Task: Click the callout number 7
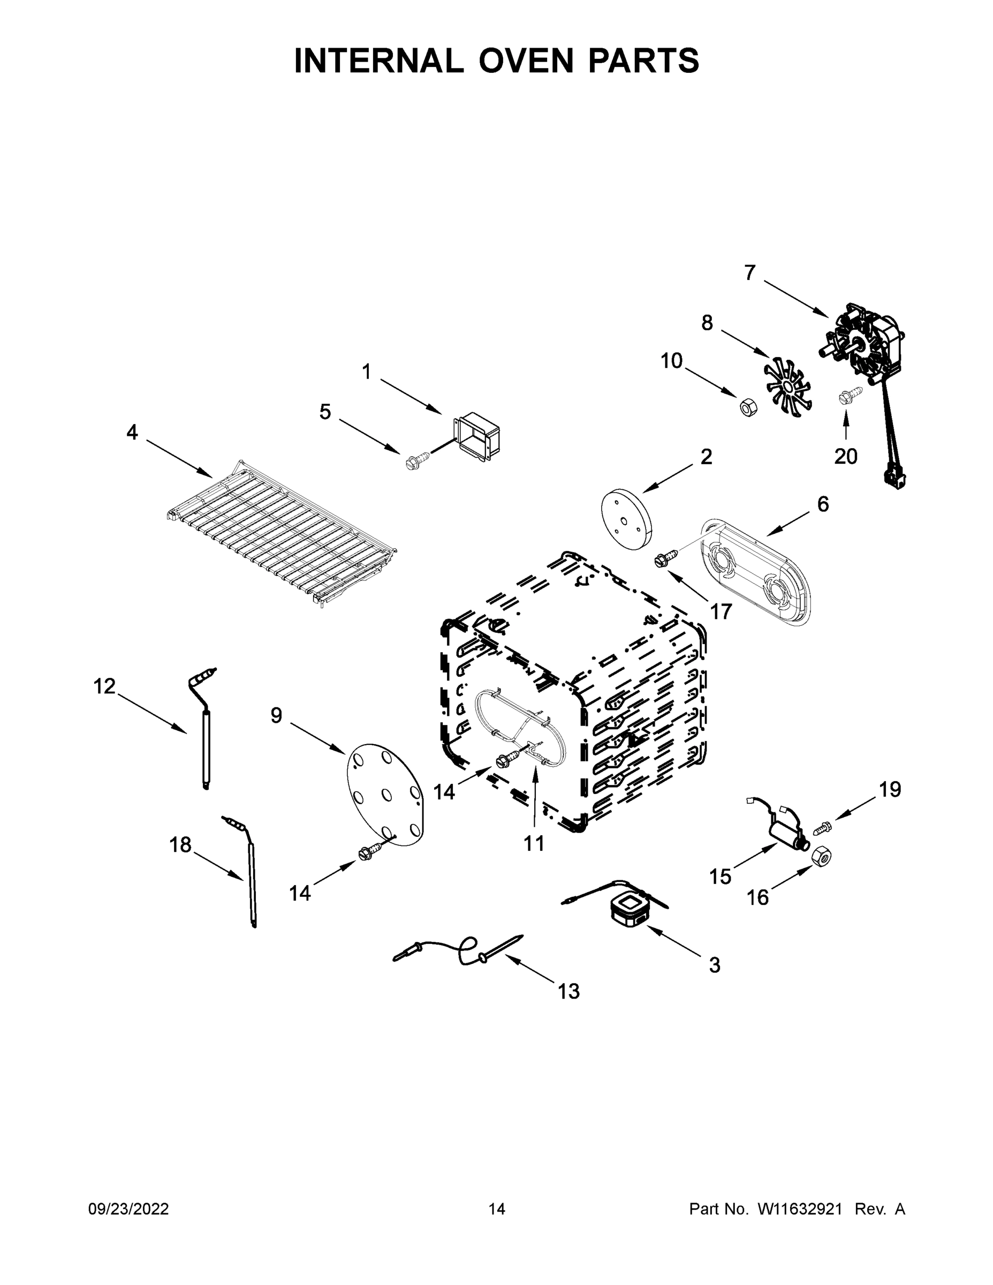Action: tap(749, 273)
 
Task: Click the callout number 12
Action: tap(105, 686)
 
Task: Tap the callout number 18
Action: tap(180, 845)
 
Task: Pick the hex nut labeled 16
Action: tap(820, 857)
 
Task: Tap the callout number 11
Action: tap(534, 844)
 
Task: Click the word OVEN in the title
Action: tap(525, 61)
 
